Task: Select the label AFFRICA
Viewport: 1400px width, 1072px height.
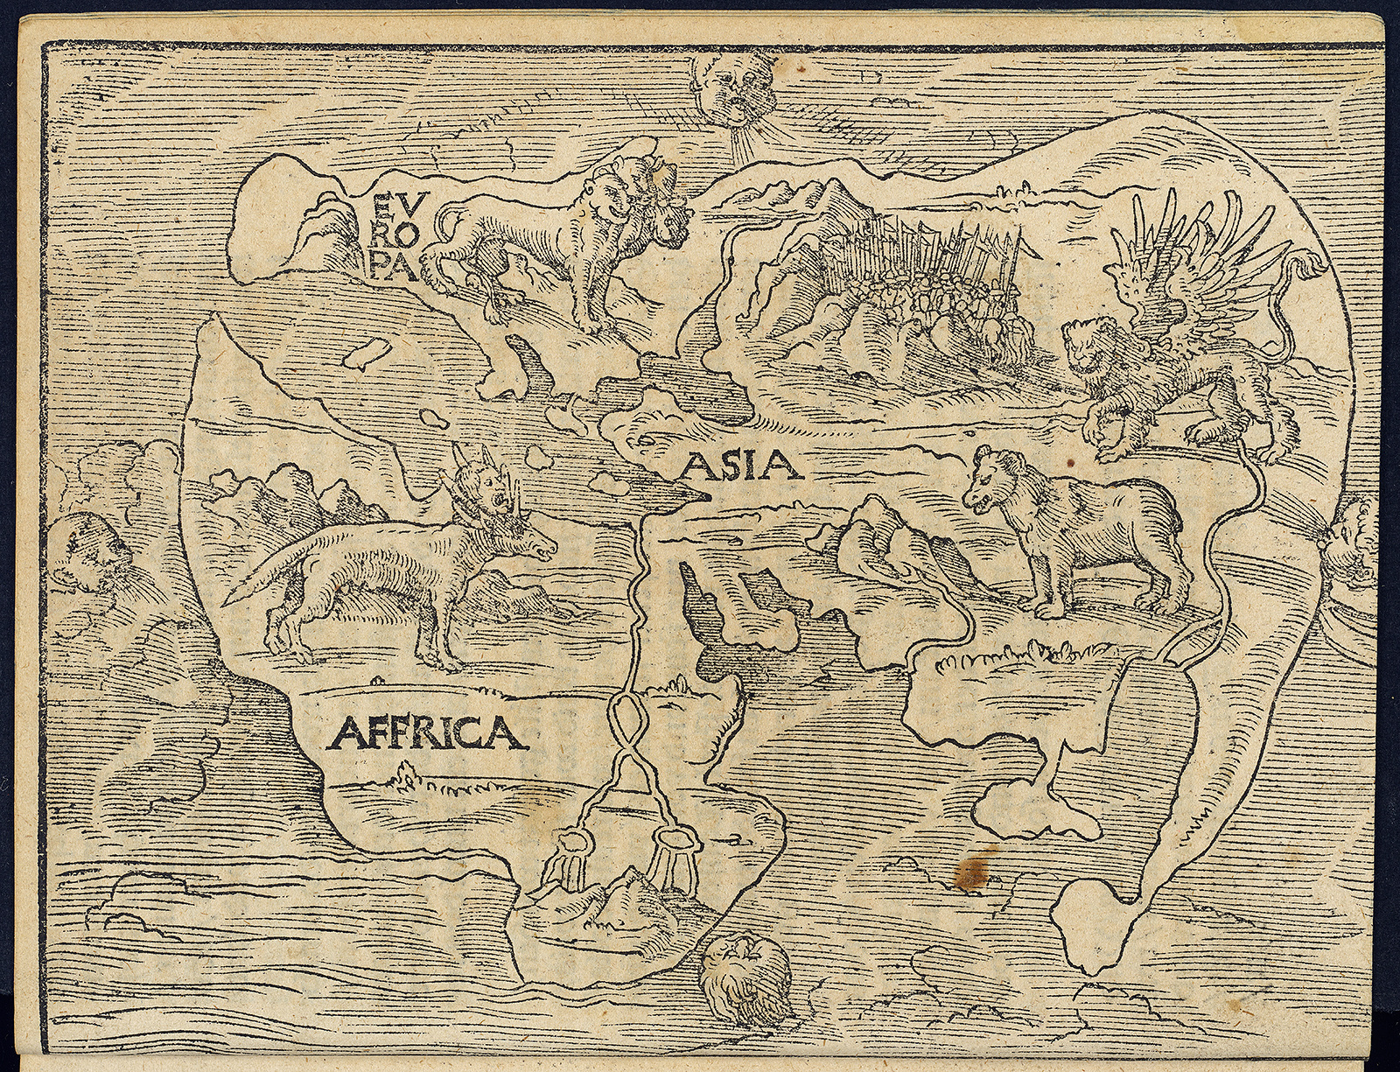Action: click(x=427, y=732)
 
